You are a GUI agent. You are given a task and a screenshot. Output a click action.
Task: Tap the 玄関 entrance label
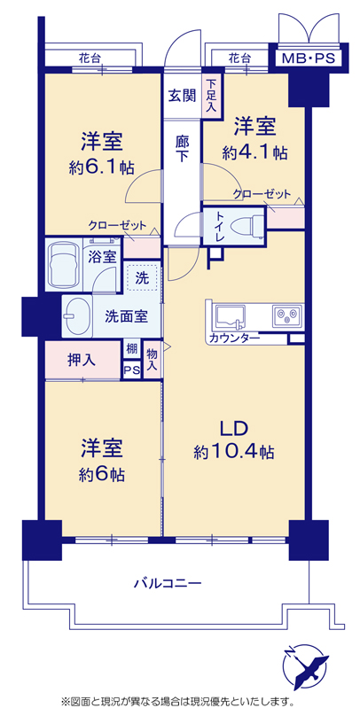coord(182,96)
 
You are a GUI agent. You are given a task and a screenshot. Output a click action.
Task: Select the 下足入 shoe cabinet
coord(212,96)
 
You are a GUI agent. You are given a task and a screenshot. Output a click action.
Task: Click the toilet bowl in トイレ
coord(247,225)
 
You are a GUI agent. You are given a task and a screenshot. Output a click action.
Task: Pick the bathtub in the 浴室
coord(63,265)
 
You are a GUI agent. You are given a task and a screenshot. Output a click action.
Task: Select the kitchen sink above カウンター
coord(231,316)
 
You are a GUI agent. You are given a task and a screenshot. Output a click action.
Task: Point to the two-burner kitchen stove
coord(286,315)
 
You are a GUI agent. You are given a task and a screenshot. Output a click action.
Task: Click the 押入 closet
coord(82,360)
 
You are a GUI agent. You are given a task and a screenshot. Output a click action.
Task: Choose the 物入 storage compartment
coord(152,360)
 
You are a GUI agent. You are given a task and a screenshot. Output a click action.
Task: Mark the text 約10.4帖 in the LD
coord(233,452)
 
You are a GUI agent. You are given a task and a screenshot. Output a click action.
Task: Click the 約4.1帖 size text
coord(254,153)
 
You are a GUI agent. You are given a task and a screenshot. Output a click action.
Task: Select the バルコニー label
coord(167,583)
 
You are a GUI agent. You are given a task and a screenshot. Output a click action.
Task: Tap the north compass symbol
coord(305,665)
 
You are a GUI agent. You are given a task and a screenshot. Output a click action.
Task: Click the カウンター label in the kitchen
coord(234,338)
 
